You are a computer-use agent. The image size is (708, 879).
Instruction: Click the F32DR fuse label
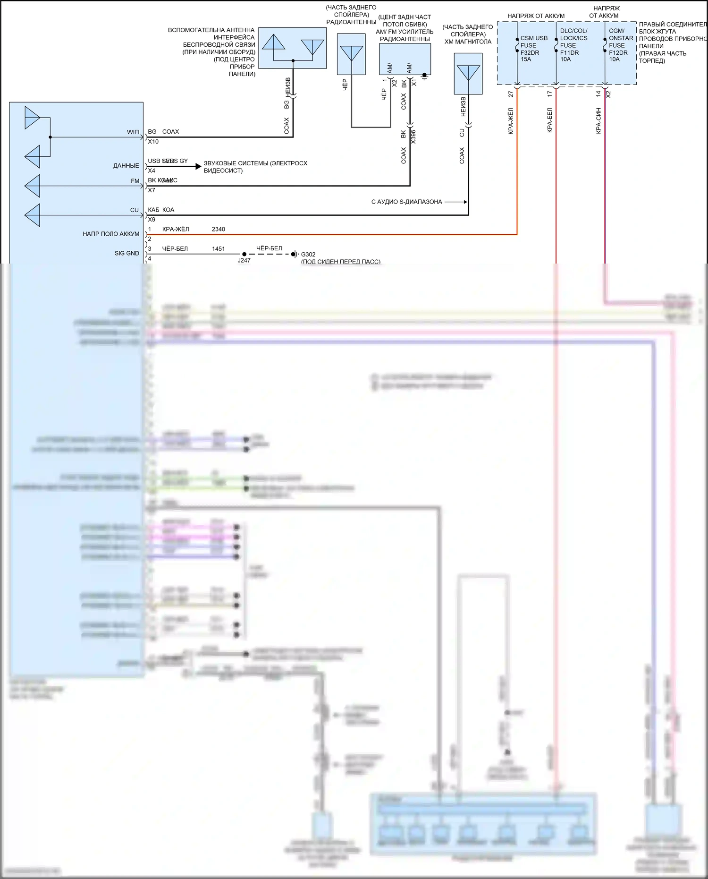point(530,52)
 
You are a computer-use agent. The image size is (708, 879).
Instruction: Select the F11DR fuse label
point(569,52)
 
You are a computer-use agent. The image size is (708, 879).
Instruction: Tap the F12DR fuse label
point(618,52)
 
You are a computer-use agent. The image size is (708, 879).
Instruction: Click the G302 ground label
point(308,254)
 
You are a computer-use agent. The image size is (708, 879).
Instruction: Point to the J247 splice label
point(244,260)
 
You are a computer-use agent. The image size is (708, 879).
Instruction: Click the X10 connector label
point(153,142)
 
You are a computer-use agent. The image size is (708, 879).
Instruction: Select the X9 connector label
point(152,220)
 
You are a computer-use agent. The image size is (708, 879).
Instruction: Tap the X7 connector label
point(152,190)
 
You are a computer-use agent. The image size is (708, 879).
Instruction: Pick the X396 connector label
point(413,137)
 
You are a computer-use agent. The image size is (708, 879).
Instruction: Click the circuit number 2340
point(219,229)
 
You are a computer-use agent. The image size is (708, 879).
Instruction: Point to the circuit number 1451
point(219,249)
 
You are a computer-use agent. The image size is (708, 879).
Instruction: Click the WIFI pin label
point(133,132)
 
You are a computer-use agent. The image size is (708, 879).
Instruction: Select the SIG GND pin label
point(127,253)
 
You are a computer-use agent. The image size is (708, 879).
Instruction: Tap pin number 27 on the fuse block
point(511,94)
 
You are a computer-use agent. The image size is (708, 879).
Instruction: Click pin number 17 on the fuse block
point(550,94)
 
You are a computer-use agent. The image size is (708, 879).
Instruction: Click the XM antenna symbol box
point(468,74)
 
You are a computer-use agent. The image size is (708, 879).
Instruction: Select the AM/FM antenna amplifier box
point(405,59)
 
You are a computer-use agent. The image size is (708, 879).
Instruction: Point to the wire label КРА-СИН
point(598,120)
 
